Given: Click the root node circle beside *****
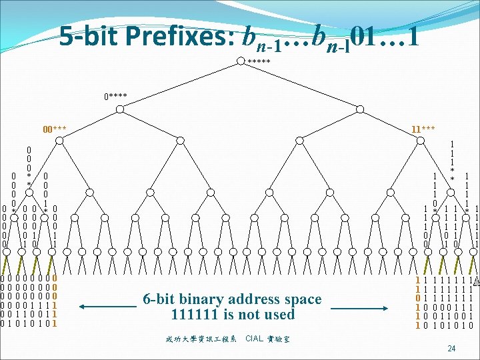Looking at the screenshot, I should click(x=241, y=62).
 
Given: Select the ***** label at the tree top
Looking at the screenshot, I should click(x=259, y=62).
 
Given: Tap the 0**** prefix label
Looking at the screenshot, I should click(x=115, y=96).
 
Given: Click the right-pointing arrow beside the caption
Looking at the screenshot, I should click(x=360, y=307).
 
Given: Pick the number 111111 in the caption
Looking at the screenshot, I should click(x=195, y=314).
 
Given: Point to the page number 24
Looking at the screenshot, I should click(x=451, y=348).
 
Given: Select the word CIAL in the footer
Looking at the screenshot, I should click(x=255, y=339).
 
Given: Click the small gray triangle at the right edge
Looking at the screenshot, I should click(x=476, y=282).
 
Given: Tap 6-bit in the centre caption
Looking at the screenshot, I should click(x=160, y=299).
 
